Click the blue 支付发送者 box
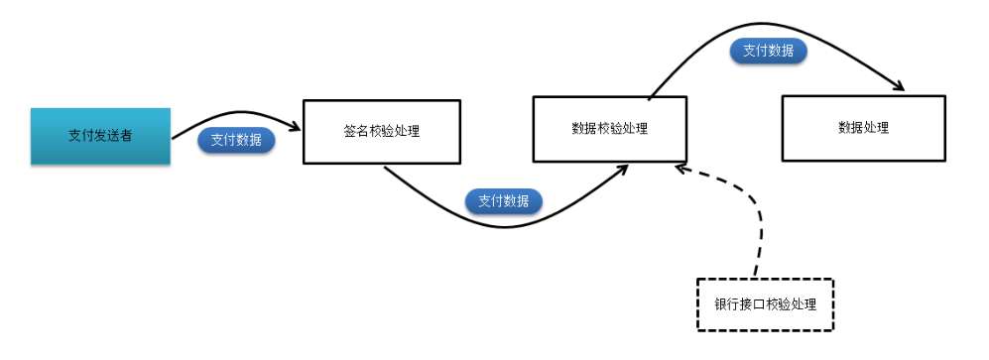tap(100, 137)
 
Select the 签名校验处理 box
tap(381, 131)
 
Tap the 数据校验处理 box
tap(609, 128)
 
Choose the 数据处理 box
tap(862, 128)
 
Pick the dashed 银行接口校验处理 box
tap(765, 303)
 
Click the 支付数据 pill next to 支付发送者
tap(236, 141)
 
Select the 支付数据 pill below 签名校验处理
tap(503, 200)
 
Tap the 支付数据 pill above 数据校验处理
tap(767, 51)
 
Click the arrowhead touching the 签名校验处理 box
tap(296, 127)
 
